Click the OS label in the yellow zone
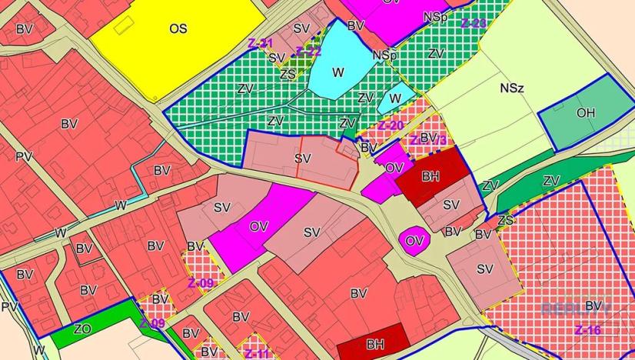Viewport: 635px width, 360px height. [x=178, y=28]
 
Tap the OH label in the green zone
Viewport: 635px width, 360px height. [x=586, y=113]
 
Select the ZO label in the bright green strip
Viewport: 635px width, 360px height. [x=82, y=328]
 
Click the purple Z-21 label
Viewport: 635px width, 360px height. [x=261, y=43]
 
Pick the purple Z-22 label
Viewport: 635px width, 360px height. [x=308, y=52]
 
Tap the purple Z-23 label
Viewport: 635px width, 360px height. [x=474, y=23]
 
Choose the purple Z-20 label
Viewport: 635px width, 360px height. [x=391, y=125]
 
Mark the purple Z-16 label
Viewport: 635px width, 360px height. [x=588, y=330]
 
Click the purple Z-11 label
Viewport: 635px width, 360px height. [x=258, y=353]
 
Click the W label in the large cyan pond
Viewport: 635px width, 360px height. [x=338, y=72]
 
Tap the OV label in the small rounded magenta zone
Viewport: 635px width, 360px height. [x=414, y=241]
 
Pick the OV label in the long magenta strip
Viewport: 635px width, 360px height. [x=259, y=227]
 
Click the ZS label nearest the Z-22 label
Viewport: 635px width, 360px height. [x=288, y=74]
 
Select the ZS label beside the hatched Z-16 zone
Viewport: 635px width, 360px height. [x=505, y=220]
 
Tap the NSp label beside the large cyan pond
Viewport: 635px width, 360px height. [x=384, y=56]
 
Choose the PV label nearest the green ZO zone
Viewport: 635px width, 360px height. [x=9, y=307]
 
